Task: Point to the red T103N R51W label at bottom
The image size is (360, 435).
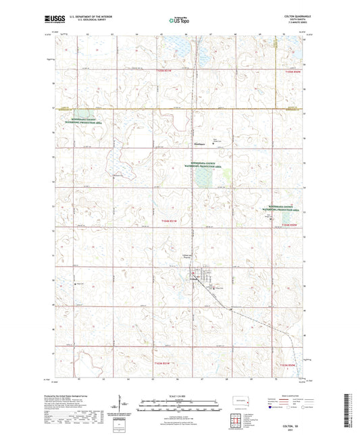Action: [x=166, y=363]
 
